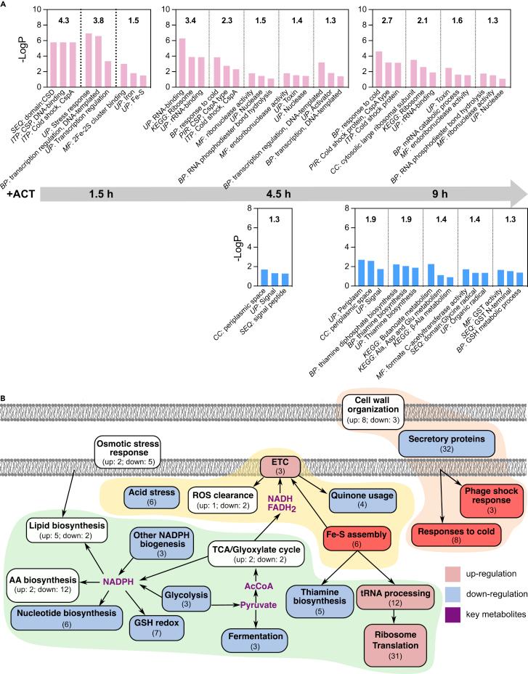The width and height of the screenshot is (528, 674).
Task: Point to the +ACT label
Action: coord(18,195)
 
